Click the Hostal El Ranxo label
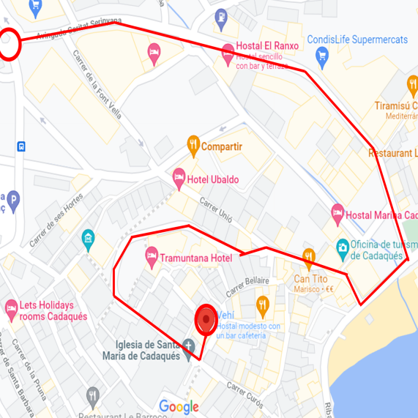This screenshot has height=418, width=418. [267, 45]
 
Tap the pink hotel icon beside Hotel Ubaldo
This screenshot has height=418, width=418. [179, 176]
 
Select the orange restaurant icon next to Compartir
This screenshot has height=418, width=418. [193, 143]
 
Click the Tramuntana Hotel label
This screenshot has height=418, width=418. [195, 258]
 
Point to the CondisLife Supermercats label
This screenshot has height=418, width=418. [357, 40]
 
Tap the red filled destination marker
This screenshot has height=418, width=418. [206, 319]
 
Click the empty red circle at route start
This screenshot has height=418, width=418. [9, 44]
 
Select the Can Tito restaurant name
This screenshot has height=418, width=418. [310, 278]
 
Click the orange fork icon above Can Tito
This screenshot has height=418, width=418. [309, 256]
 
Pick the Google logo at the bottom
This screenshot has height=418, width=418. [179, 407]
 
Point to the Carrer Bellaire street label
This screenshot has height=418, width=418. [247, 286]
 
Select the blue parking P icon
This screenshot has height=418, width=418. [12, 199]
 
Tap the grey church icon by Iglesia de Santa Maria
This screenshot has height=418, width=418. [189, 346]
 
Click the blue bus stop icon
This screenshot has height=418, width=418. [22, 146]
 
